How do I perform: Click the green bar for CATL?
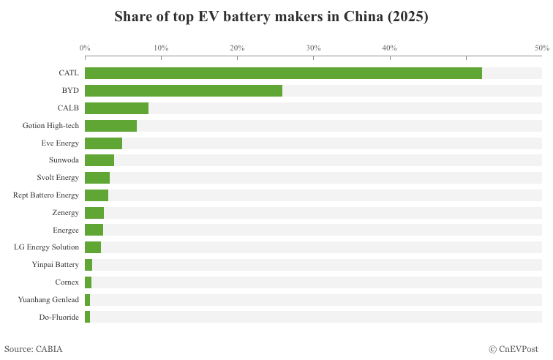(283, 73)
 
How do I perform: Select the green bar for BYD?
(183, 91)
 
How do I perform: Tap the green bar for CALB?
(116, 108)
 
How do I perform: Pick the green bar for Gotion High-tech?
(110, 126)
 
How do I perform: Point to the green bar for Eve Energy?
(103, 143)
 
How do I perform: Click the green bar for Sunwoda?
(99, 160)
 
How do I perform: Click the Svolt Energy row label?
(58, 178)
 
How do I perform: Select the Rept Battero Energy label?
(46, 195)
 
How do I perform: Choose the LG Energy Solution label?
(47, 247)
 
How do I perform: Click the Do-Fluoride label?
(59, 317)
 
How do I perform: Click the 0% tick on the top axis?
(85, 48)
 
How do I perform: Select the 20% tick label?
(237, 48)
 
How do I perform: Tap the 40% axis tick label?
(390, 48)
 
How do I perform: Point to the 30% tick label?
(313, 48)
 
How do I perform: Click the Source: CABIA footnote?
(34, 349)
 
